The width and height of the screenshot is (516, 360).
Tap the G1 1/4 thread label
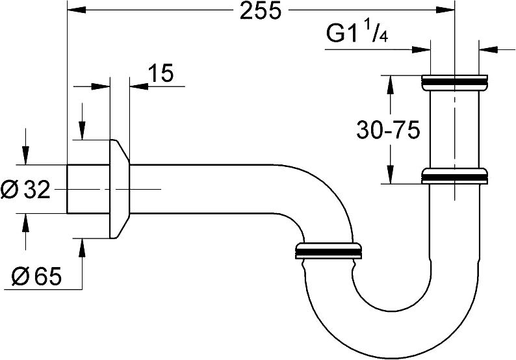coord(357,33)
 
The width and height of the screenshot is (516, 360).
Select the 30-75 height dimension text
coord(389,130)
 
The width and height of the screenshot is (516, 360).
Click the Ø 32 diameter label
coord(25,190)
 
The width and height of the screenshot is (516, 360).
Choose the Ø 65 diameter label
coord(36,276)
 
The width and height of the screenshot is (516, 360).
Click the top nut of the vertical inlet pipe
coord(454,82)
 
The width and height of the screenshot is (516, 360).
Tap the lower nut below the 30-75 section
coord(454,176)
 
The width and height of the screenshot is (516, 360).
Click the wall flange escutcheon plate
coord(119,188)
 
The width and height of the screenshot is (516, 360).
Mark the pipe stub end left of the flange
coord(88,189)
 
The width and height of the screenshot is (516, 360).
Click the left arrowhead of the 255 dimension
coord(76,10)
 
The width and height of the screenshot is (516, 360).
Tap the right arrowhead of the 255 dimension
coord(445,10)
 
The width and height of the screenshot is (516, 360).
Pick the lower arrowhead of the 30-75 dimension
coord(391,174)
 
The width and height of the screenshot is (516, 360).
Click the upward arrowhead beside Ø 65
coord(82,248)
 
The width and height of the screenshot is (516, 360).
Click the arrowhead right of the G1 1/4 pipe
coord(488,49)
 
